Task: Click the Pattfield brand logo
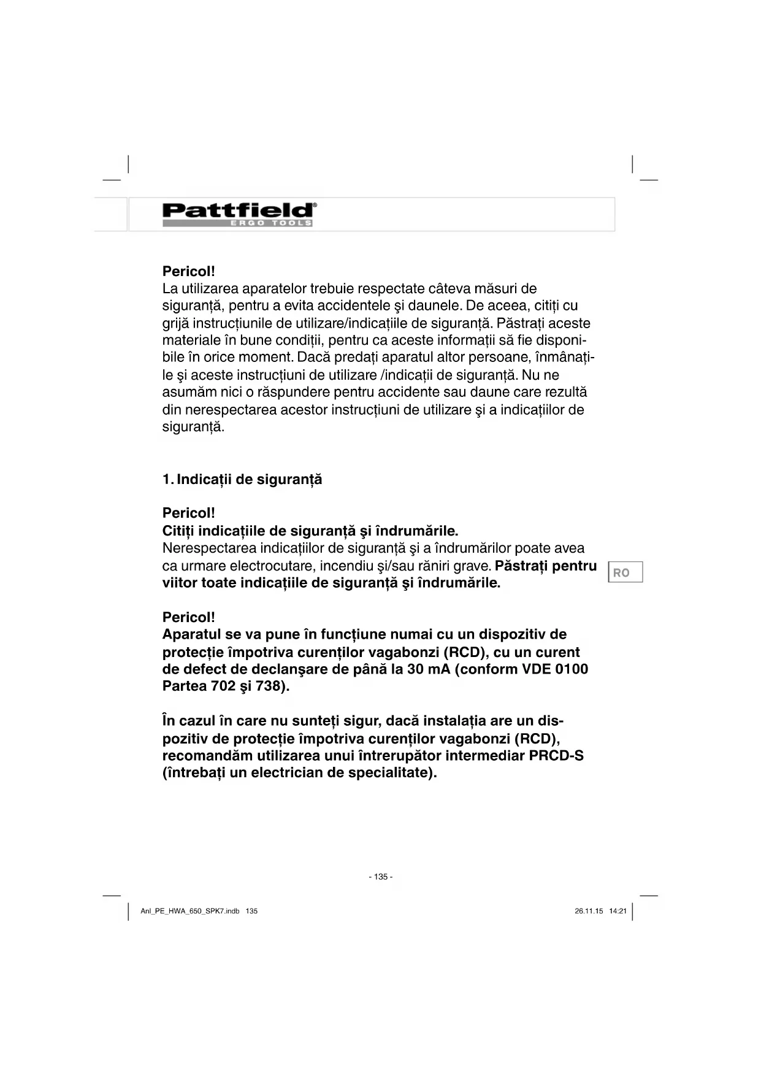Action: pyautogui.click(x=239, y=210)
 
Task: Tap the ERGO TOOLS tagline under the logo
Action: pyautogui.click(x=271, y=223)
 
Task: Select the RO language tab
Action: pyautogui.click(x=625, y=572)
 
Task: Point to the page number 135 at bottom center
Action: pyautogui.click(x=381, y=877)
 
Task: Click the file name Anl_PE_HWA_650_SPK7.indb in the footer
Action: pyautogui.click(x=190, y=911)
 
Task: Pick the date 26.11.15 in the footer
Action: pyautogui.click(x=589, y=911)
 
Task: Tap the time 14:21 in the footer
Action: pyautogui.click(x=618, y=911)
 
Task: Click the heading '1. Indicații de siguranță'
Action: pyautogui.click(x=242, y=480)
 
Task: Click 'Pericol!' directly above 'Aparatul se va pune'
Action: pyautogui.click(x=189, y=617)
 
